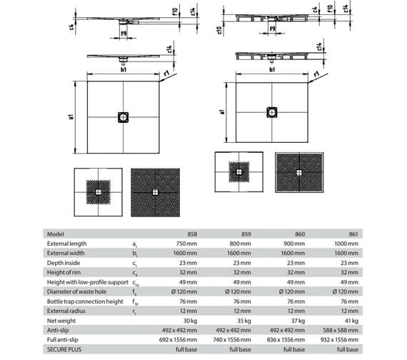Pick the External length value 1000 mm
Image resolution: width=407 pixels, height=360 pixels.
[x=346, y=244]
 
